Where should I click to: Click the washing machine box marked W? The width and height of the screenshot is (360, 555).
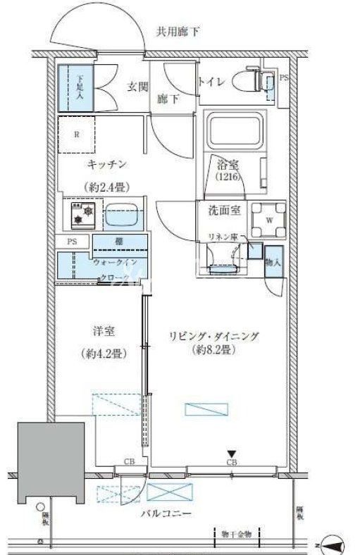[x=268, y=218]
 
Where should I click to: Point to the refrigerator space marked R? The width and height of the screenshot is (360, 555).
[x=76, y=134]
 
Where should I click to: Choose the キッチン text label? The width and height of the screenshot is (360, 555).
[x=106, y=164]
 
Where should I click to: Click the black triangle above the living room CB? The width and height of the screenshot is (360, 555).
[x=230, y=453]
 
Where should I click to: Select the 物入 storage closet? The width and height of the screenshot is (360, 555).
[x=274, y=260]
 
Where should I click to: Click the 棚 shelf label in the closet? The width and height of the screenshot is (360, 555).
[x=120, y=242]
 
